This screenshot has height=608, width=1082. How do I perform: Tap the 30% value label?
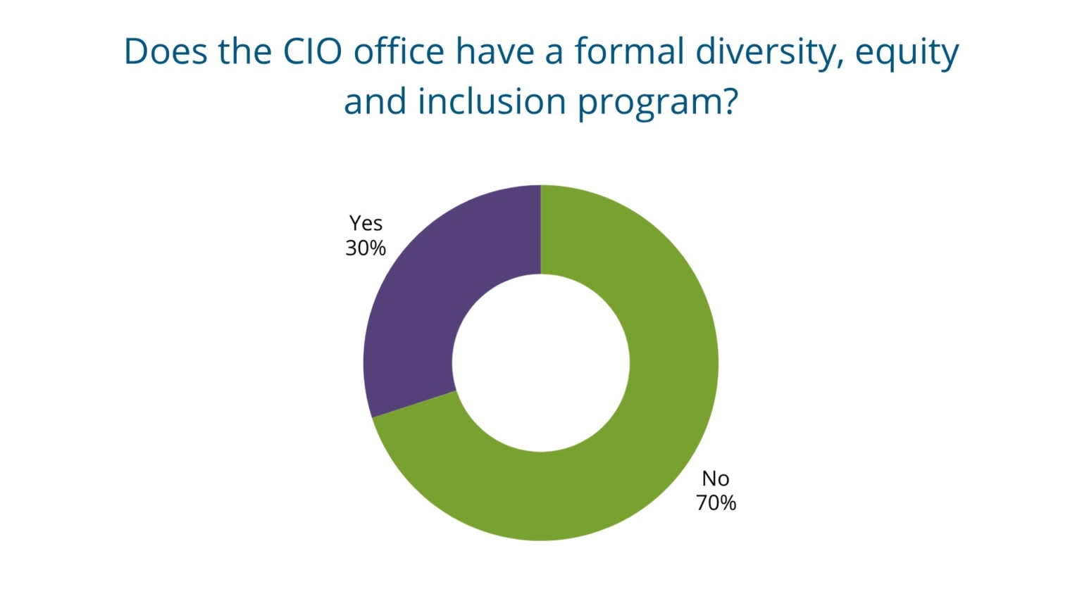coord(365,248)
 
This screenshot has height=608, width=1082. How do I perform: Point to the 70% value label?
coord(716,503)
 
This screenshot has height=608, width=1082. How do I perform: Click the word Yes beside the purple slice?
coord(366,223)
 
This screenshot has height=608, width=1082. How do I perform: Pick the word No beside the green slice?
coord(715,479)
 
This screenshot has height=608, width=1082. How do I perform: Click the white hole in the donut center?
coord(540,363)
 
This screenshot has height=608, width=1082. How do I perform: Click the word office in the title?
coord(399,52)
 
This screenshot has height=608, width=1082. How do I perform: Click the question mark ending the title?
coord(728,102)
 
